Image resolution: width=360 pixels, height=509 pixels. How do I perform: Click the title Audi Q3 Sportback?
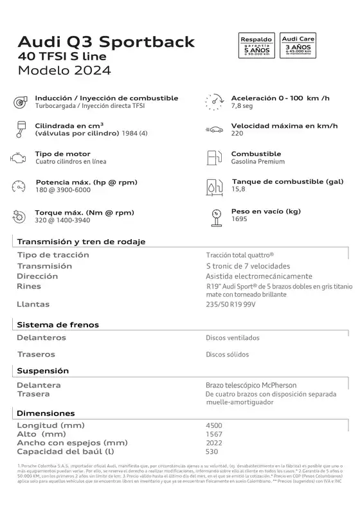tap(107, 42)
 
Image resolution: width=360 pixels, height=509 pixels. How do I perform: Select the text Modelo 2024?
tap(64, 70)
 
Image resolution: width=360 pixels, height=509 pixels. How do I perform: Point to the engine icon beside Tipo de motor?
tap(17, 157)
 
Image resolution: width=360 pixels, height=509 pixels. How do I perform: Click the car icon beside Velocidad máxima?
tap(214, 129)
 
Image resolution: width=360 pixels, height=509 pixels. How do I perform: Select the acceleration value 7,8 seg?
tap(243, 106)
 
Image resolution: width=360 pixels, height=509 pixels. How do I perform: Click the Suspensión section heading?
tap(43, 371)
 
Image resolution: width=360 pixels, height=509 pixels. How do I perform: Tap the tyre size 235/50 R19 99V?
tap(230, 304)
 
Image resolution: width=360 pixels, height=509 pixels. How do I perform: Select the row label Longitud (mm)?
tap(51, 425)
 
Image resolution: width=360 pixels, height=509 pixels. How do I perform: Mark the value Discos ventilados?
tap(233, 337)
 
